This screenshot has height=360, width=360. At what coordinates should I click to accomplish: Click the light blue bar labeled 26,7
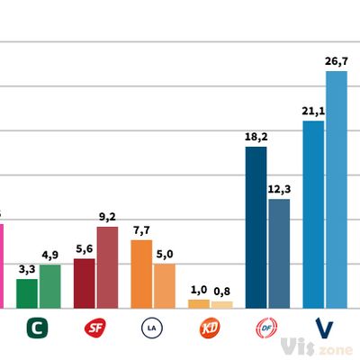tap(336, 190)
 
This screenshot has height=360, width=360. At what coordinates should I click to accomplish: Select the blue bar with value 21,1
tap(313, 215)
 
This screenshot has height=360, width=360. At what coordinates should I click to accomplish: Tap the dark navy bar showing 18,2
tap(256, 228)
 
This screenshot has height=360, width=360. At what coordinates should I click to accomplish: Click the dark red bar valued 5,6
tap(85, 283)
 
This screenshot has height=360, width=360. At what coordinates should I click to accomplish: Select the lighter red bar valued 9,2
tap(107, 267)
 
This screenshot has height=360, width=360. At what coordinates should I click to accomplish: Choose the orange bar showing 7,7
tap(141, 274)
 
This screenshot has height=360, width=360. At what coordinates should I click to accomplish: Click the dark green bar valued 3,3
tap(27, 293)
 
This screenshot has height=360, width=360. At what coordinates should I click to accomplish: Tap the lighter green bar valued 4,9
tap(50, 286)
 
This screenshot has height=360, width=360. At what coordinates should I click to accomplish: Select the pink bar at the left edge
tap(2, 265)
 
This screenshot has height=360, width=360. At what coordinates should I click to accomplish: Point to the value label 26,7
tap(336, 61)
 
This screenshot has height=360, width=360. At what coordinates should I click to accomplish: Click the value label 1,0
tap(199, 290)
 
